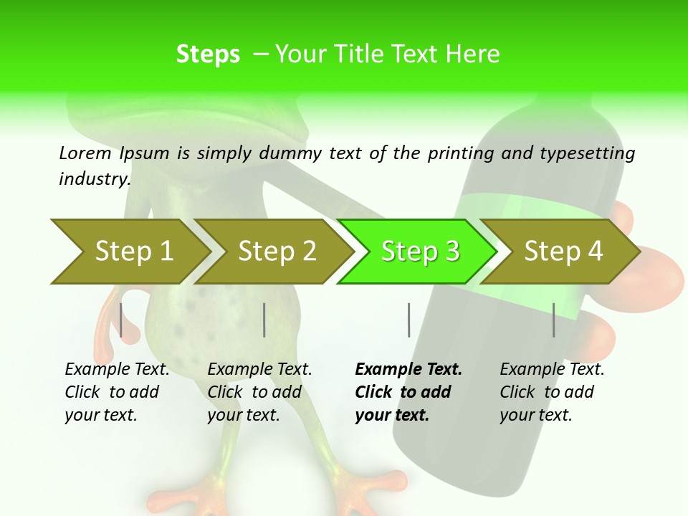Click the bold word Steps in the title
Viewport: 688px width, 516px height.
pos(208,54)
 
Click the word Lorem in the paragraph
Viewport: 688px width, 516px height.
pos(85,153)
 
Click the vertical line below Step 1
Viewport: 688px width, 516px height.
pos(121,320)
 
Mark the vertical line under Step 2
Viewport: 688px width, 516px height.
pos(264,320)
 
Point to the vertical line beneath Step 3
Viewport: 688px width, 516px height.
pos(408,320)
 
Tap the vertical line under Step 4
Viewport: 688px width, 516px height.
pos(553,320)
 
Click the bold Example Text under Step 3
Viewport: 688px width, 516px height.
pos(408,369)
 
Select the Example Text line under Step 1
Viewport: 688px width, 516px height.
pos(117,369)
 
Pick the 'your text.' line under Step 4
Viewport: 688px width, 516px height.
pos(535,415)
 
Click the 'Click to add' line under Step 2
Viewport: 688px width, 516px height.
pos(254,392)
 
